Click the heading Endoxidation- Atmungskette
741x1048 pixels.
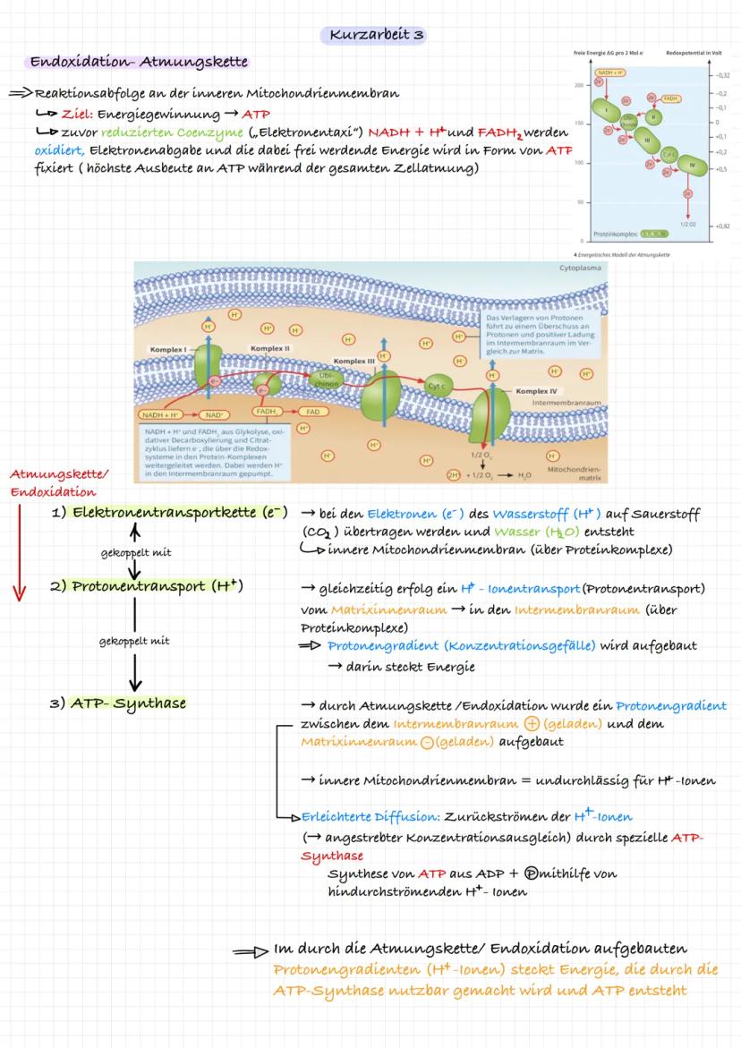point(139,63)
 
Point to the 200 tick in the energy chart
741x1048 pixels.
point(581,84)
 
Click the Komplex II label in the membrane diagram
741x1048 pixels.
point(268,348)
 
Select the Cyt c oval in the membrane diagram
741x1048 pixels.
point(437,386)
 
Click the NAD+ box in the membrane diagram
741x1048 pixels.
point(214,414)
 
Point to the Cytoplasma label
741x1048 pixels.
point(582,268)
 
